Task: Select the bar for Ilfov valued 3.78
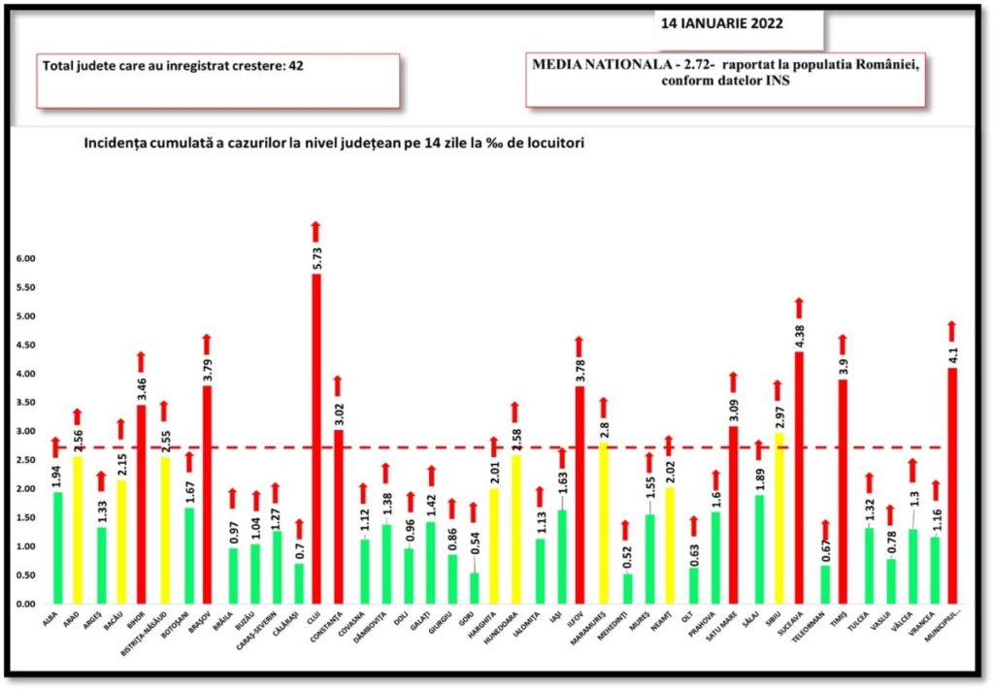[x=580, y=495]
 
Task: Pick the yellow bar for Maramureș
[x=603, y=523]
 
